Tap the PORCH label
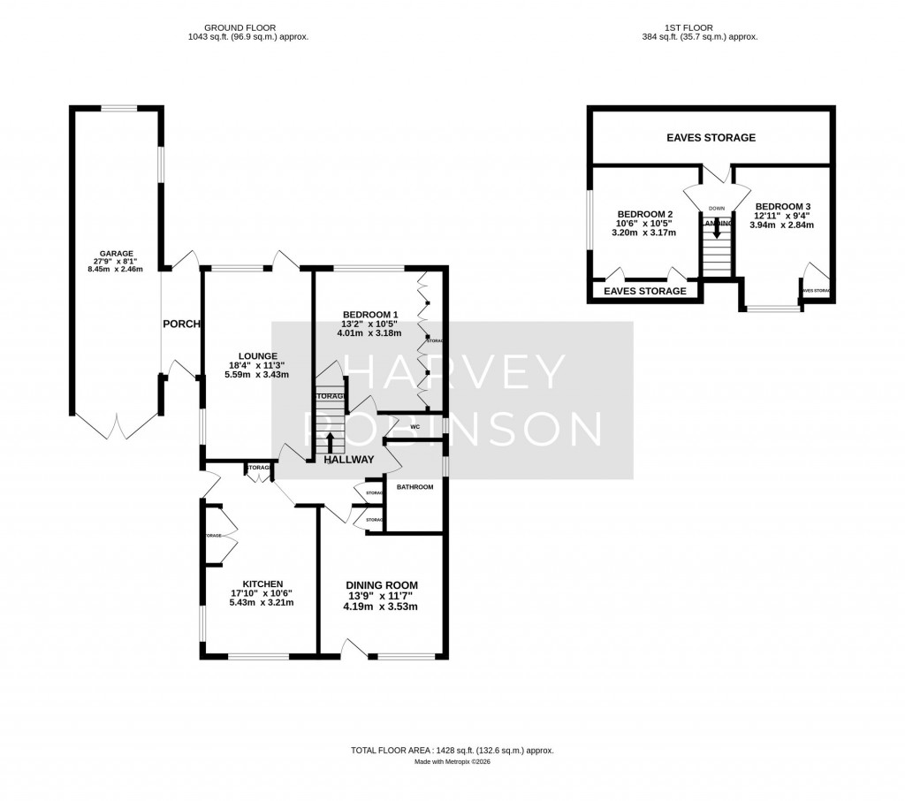pyautogui.click(x=181, y=324)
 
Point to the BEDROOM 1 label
pyautogui.click(x=371, y=314)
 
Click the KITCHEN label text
pyautogui.click(x=257, y=584)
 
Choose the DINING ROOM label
pyautogui.click(x=381, y=585)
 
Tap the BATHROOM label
pyautogui.click(x=414, y=487)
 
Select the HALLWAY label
pyautogui.click(x=349, y=459)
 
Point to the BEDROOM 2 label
pyautogui.click(x=645, y=215)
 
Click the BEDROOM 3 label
pyautogui.click(x=782, y=206)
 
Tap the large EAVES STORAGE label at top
pyautogui.click(x=711, y=138)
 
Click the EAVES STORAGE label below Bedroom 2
pyautogui.click(x=645, y=291)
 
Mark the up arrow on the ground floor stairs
pyautogui.click(x=331, y=442)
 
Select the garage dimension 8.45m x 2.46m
pyautogui.click(x=116, y=269)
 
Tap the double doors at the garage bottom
pyautogui.click(x=117, y=428)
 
